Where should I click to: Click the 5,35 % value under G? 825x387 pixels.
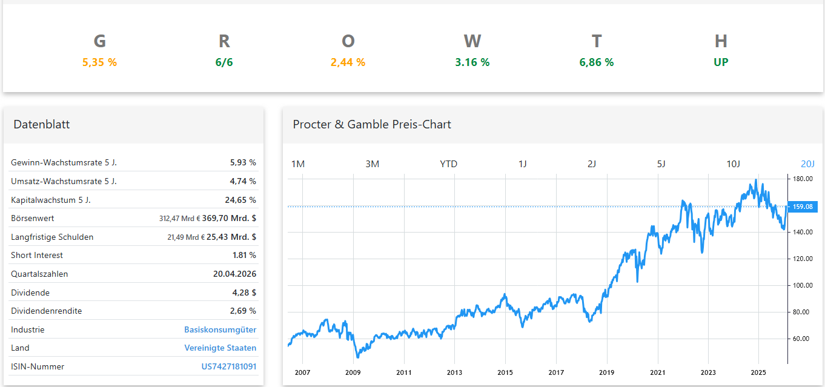99,62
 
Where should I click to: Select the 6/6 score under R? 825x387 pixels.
224,62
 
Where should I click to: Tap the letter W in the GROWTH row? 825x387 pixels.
472,41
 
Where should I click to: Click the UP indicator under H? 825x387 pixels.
721,62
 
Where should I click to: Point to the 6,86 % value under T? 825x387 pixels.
597,62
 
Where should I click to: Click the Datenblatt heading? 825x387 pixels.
42,124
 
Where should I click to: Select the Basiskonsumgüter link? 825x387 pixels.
220,329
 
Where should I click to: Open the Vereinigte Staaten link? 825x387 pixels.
220,348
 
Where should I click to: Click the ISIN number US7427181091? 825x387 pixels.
228,366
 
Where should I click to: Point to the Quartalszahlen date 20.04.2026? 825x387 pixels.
234,274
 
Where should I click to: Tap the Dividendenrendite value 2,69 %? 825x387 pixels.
243,311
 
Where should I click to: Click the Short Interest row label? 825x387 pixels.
37,255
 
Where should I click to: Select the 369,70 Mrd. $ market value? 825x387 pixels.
229,218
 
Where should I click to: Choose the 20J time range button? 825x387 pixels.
807,164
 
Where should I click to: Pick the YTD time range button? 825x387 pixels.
448,164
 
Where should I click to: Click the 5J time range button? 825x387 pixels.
661,164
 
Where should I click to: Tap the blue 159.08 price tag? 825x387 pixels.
803,207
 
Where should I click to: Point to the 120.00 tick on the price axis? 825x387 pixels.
803,259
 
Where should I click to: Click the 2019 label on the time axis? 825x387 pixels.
607,372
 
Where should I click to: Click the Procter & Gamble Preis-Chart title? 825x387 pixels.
372,124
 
